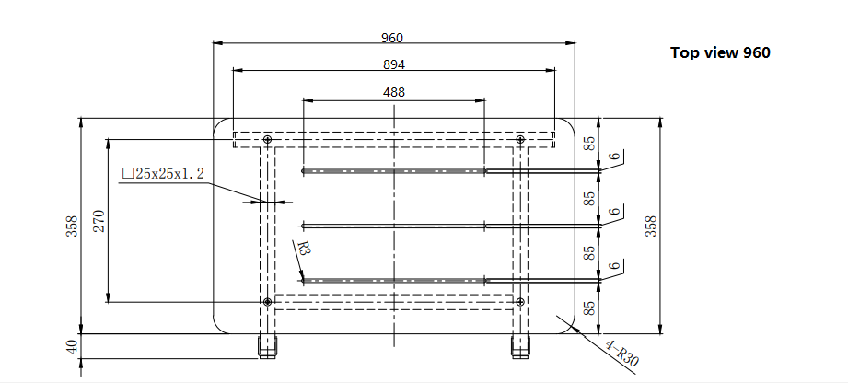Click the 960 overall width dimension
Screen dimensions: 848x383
(392, 38)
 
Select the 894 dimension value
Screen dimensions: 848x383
(394, 64)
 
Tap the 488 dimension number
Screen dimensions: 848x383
(394, 92)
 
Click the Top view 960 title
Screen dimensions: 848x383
(720, 52)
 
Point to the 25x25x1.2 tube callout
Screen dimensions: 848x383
(163, 174)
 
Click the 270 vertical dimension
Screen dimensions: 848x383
(99, 221)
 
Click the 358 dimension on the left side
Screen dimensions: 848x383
(73, 226)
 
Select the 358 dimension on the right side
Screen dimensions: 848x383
(651, 226)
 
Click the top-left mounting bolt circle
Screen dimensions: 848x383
(267, 140)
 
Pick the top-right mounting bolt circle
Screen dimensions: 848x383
(520, 140)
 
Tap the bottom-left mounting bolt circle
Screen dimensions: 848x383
(267, 301)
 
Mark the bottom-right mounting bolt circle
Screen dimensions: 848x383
(520, 301)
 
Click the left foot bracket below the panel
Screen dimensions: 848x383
(267, 346)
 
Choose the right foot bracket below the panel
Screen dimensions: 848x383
(520, 346)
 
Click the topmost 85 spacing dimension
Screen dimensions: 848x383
(590, 143)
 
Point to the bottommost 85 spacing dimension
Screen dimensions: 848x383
(590, 308)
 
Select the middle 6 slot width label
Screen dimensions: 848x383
(613, 211)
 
